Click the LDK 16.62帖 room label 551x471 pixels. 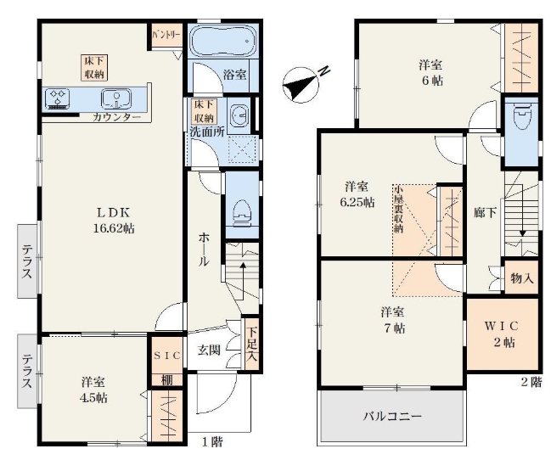114,221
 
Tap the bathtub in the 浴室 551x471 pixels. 222,41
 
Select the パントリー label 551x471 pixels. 166,35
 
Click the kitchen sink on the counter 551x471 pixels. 116,98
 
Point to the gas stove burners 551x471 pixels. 58,98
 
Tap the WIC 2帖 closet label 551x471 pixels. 502,334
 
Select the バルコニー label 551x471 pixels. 392,417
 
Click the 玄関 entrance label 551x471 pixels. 209,350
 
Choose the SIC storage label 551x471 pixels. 167,356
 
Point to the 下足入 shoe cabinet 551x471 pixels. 251,345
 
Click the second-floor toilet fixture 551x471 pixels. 522,115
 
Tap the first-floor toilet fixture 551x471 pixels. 242,211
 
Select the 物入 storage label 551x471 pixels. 522,278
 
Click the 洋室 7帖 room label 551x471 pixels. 392,320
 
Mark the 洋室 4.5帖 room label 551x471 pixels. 93,390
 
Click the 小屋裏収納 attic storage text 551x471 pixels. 398,209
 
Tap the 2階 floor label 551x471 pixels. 531,382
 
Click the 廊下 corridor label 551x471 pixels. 485,212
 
